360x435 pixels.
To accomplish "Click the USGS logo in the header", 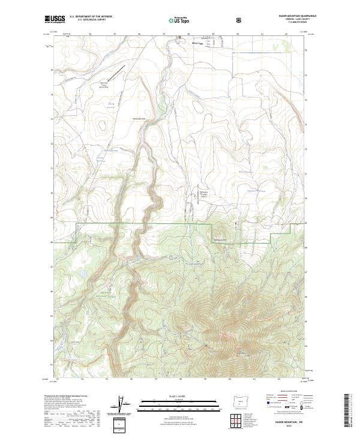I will [55, 19].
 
